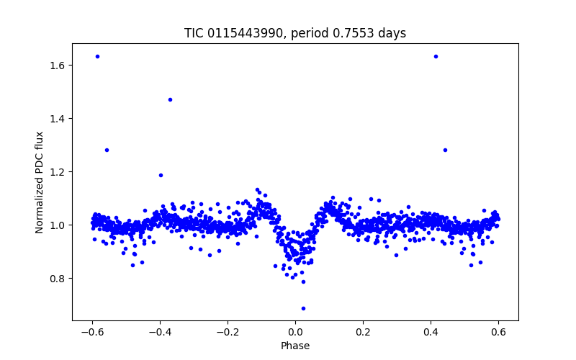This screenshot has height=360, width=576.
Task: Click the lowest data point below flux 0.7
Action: click(x=303, y=308)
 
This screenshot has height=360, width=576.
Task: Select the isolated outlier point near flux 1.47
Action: click(x=170, y=99)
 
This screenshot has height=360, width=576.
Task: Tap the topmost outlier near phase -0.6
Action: click(x=97, y=56)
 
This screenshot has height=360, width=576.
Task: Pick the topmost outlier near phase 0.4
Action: click(x=436, y=56)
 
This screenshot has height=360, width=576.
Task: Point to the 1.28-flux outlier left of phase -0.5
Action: click(x=107, y=150)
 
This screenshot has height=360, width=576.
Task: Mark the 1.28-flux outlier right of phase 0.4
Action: click(x=445, y=150)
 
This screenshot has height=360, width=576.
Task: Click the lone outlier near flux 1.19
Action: click(x=161, y=175)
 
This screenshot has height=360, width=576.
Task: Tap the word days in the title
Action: click(x=391, y=33)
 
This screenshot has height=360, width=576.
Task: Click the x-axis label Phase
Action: click(x=295, y=346)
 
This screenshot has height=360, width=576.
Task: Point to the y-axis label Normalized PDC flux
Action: click(x=40, y=181)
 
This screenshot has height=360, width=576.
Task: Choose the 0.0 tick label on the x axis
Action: click(x=295, y=333)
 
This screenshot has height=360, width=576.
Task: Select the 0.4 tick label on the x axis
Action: click(x=431, y=333)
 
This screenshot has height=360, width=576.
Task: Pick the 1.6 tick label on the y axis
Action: click(x=58, y=66)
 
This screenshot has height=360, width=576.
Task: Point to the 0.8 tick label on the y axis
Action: click(x=58, y=279)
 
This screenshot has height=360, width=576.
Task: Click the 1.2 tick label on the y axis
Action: click(x=58, y=172)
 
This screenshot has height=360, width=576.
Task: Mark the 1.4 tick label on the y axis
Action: click(x=58, y=119)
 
